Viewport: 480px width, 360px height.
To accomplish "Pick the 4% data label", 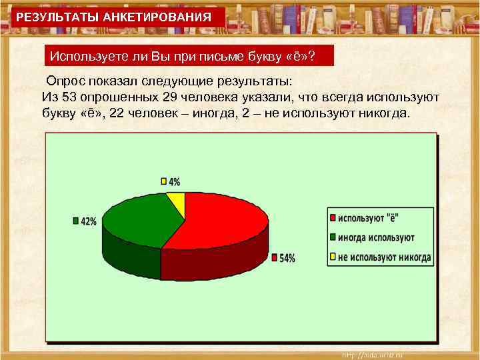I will click(x=173, y=181).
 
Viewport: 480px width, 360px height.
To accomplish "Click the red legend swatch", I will click(x=331, y=219).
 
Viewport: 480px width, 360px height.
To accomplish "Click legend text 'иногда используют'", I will click(x=376, y=238).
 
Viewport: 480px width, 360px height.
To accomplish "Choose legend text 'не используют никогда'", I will click(x=384, y=257).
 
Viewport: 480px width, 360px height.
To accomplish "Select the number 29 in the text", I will click(x=169, y=97).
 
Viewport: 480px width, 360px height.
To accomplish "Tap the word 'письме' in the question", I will click(x=212, y=55).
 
